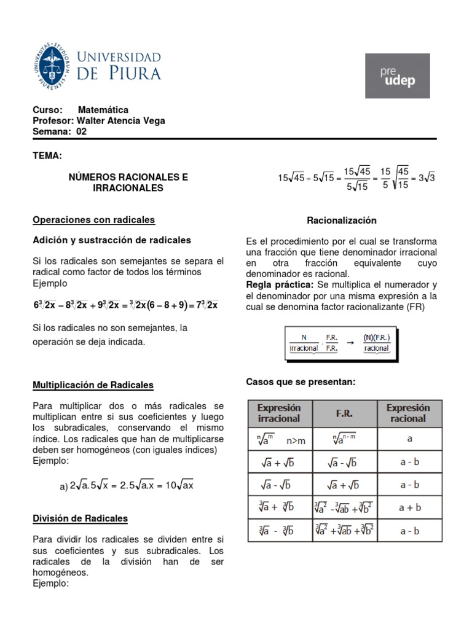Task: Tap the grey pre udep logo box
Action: point(403,76)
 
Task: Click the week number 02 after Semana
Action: point(81,131)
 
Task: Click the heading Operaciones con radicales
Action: point(93,220)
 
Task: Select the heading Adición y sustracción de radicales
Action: point(112,240)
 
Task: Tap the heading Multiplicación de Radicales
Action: point(93,385)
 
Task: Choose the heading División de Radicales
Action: point(80,518)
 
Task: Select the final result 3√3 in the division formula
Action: point(427,179)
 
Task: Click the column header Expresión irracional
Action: point(279,413)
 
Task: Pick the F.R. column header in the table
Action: point(345,413)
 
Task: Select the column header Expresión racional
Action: point(408,413)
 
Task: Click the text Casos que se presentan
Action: point(292,382)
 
